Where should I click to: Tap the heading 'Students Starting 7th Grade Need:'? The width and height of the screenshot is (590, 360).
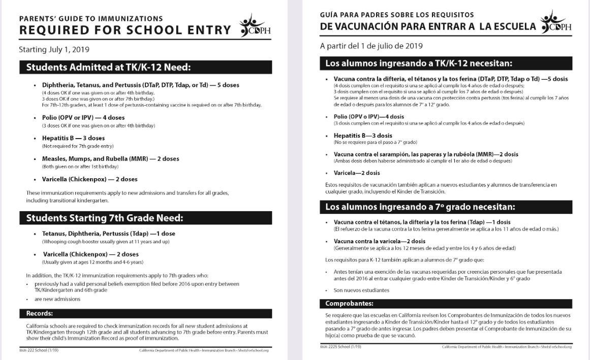pyautogui.click(x=105, y=218)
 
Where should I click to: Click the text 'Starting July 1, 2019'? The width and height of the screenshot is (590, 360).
pyautogui.click(x=54, y=50)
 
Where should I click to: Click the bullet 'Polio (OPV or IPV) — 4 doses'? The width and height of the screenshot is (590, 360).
pyautogui.click(x=83, y=117)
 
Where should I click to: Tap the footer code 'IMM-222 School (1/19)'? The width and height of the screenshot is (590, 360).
pyautogui.click(x=40, y=350)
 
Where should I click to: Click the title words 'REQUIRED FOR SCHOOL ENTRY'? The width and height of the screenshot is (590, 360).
pyautogui.click(x=125, y=31)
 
